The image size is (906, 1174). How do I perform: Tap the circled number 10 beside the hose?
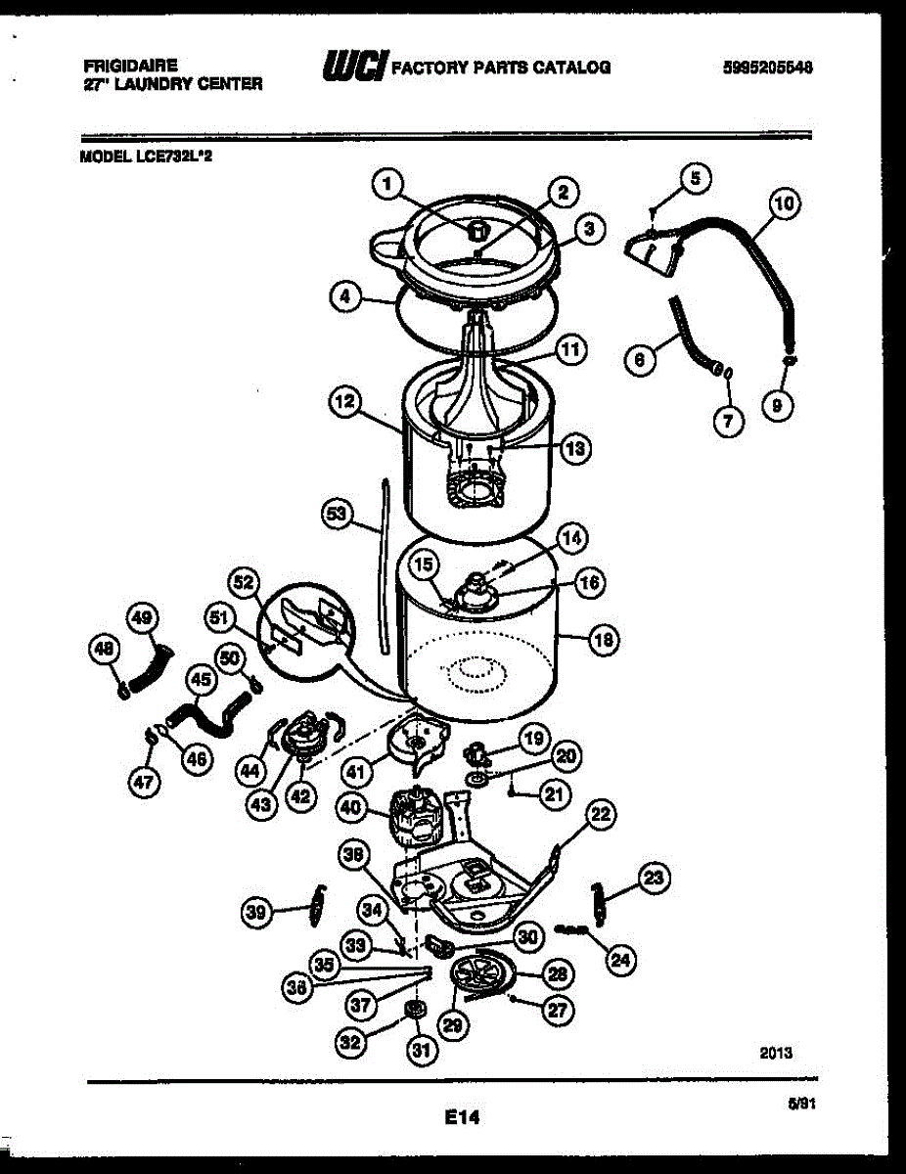click(784, 203)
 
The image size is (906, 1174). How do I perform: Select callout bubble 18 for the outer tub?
click(604, 641)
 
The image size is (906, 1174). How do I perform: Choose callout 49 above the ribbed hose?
click(143, 617)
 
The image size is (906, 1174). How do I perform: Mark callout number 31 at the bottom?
click(420, 1053)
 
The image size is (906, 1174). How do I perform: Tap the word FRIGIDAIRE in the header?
click(130, 66)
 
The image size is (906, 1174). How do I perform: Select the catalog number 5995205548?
click(768, 68)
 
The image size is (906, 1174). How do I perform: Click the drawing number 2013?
click(776, 1053)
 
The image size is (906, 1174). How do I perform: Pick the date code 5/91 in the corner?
click(801, 1104)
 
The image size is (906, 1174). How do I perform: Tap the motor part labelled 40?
click(416, 814)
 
